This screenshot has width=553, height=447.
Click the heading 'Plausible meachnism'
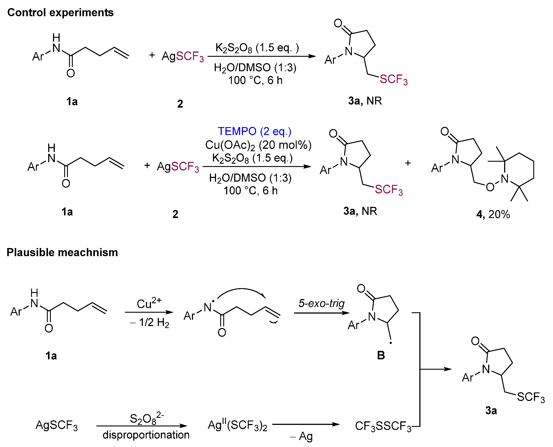[x=62, y=252]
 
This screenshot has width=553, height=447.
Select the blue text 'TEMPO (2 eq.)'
[x=254, y=131]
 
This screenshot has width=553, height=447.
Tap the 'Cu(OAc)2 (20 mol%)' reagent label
[x=258, y=145]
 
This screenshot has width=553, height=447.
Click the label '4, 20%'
[x=493, y=214]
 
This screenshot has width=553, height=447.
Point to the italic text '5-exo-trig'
[x=321, y=303]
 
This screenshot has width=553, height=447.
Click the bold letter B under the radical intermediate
[x=381, y=355]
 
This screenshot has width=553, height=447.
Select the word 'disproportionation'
[x=146, y=435]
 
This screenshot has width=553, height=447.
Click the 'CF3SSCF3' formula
[x=383, y=426]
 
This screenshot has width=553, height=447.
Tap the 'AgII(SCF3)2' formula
[x=237, y=425]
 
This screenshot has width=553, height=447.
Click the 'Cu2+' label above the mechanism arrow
[x=149, y=303]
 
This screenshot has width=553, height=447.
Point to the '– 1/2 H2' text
[x=150, y=323]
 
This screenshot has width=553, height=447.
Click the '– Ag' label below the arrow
[x=301, y=436]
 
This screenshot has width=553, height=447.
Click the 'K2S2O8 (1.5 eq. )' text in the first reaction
[x=257, y=48]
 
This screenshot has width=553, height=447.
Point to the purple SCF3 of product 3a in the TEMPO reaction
[x=388, y=190]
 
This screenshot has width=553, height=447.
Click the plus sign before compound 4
[x=408, y=163]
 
